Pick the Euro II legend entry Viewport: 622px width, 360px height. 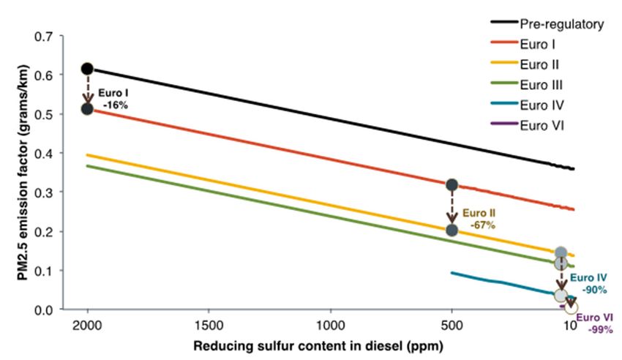pyautogui.click(x=542, y=64)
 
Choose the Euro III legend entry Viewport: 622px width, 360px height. pyautogui.click(x=543, y=83)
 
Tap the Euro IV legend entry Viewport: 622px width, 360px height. pyautogui.click(x=543, y=103)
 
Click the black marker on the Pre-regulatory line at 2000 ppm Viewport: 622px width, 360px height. pyautogui.click(x=87, y=69)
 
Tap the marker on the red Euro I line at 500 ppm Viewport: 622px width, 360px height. pyautogui.click(x=451, y=185)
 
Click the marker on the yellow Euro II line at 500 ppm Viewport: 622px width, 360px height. pyautogui.click(x=451, y=230)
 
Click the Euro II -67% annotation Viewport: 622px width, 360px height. pyautogui.click(x=479, y=219)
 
